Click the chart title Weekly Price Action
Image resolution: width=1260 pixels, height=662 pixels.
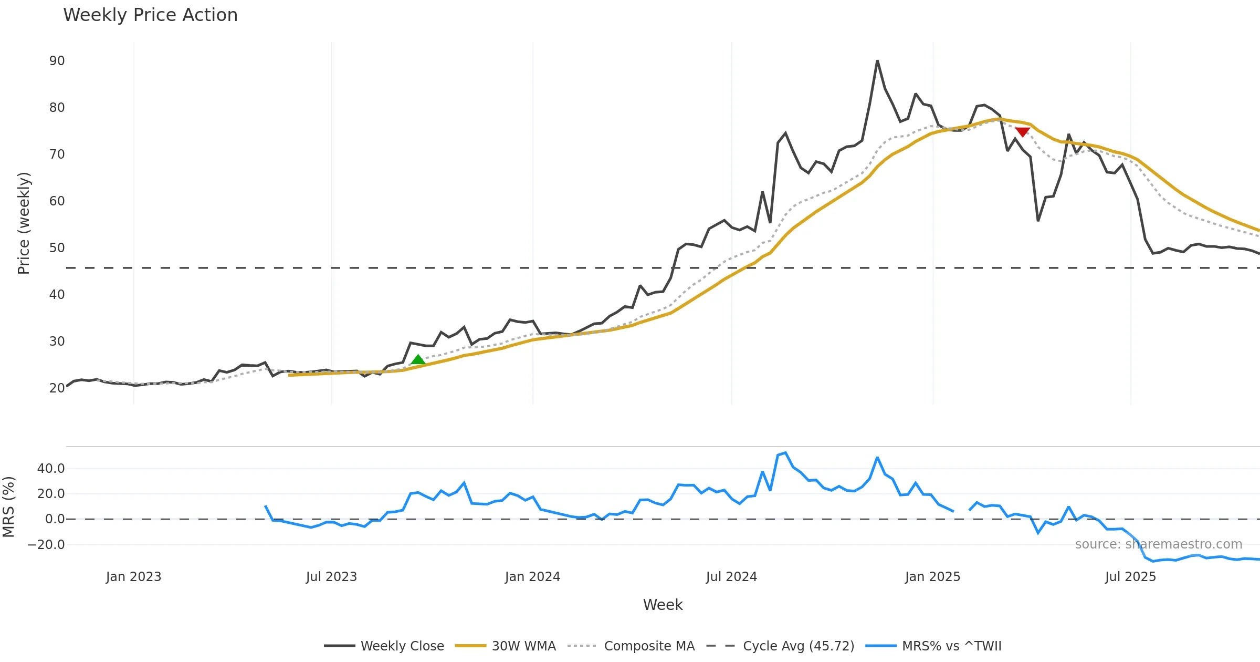point(150,15)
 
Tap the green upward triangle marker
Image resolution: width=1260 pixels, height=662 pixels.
point(418,360)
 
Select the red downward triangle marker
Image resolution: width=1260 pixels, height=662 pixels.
point(1022,131)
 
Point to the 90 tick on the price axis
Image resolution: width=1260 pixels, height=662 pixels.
point(57,61)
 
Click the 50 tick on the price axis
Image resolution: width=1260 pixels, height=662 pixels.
point(57,248)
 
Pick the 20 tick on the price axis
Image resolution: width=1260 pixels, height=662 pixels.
point(57,388)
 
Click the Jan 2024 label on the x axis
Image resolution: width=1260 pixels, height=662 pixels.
point(532,577)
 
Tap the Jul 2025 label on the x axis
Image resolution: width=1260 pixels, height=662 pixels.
point(1130,577)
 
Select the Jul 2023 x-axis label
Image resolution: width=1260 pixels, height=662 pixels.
point(331,577)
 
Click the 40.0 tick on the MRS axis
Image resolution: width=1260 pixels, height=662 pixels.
point(51,469)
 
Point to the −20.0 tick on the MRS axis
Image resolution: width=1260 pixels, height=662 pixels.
point(46,545)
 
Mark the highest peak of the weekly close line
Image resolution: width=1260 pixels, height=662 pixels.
point(877,61)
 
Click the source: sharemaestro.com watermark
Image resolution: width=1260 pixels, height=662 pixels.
point(1158,544)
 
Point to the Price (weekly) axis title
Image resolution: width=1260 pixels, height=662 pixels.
point(24,223)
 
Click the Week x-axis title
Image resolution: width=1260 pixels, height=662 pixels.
point(663,605)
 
